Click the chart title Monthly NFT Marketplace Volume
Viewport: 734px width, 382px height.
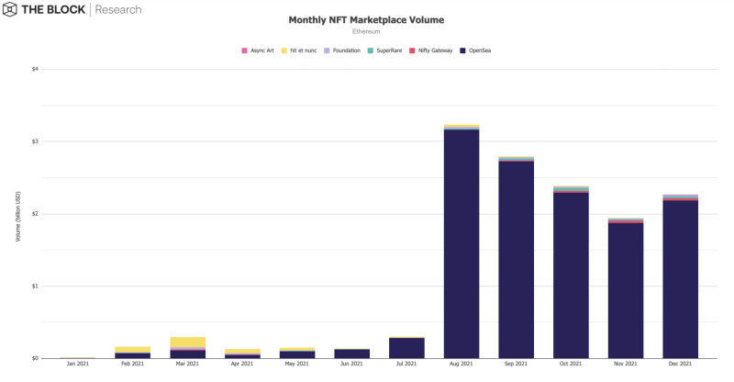(366, 19)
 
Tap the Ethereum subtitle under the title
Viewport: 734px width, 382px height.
(366, 31)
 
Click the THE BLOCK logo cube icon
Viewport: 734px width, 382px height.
(12, 11)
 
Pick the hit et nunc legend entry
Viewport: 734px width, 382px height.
(300, 50)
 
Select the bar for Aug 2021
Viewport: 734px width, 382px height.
(462, 243)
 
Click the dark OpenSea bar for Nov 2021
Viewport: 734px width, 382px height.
(626, 290)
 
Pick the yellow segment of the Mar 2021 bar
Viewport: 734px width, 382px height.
(188, 342)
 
